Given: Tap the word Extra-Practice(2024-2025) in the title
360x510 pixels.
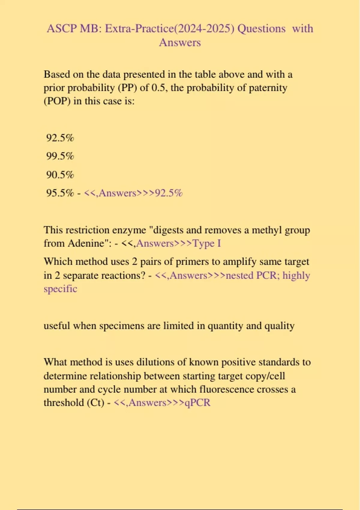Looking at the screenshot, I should click(169, 29).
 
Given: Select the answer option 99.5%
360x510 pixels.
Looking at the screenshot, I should click(60, 156).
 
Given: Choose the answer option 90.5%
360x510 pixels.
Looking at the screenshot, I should click(60, 175).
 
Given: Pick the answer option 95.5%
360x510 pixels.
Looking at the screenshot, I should click(60, 193).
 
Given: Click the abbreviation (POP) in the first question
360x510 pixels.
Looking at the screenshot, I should click(57, 101).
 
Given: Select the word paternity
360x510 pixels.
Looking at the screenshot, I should click(268, 88).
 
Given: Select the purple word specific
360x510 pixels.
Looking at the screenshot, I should click(60, 289).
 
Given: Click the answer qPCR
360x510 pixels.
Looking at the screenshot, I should click(197, 403).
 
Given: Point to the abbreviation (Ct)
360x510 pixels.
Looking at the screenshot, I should click(95, 403).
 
